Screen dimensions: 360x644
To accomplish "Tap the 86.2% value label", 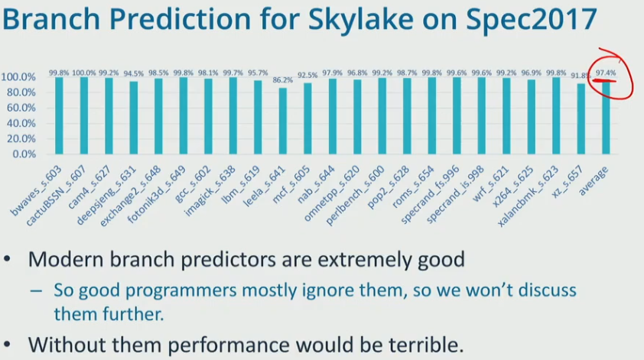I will [282, 79].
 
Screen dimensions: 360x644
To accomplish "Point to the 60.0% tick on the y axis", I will [18, 108].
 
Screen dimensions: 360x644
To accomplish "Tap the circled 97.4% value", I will [606, 73].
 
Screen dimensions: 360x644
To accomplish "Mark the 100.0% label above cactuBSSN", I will [83, 73].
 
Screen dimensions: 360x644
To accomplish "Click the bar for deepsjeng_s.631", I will [133, 118].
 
